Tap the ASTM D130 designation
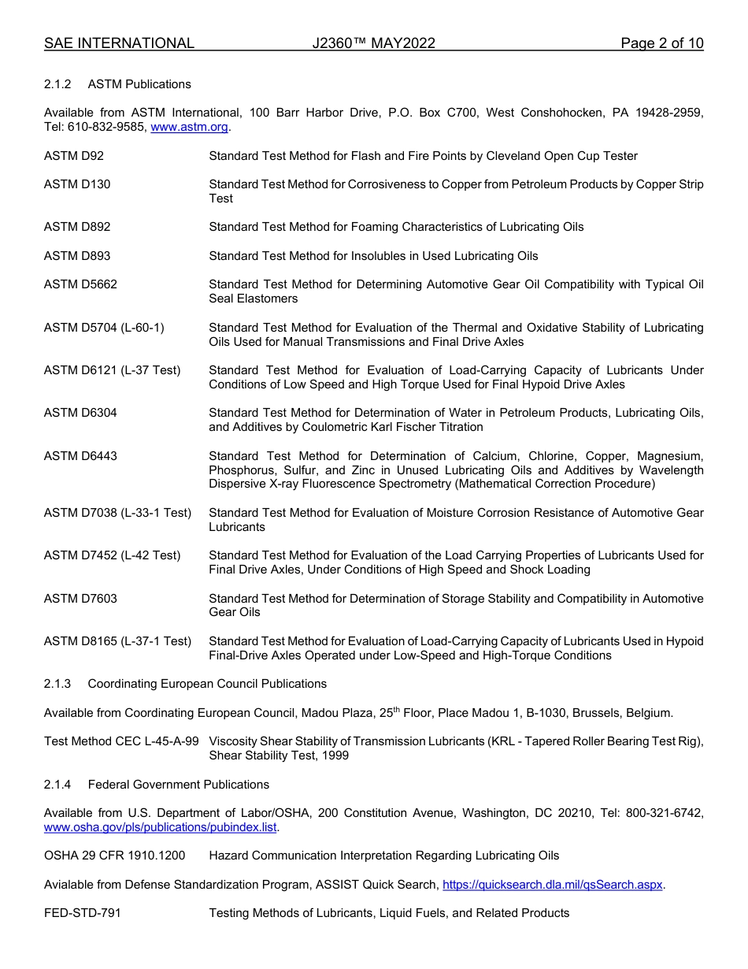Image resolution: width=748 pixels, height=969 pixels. (x=77, y=184)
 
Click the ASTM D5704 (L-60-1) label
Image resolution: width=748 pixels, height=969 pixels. (x=104, y=328)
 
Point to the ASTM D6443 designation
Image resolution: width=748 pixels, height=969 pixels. (x=80, y=456)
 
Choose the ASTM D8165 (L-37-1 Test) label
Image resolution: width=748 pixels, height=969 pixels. (x=117, y=641)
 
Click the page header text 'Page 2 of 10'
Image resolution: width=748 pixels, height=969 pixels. (x=661, y=43)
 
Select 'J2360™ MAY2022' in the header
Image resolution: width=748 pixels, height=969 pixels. (x=373, y=43)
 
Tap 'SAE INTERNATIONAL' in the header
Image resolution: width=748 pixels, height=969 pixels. (x=119, y=43)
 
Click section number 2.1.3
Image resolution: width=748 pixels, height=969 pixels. (x=57, y=684)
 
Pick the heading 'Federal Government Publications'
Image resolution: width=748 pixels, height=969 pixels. (x=179, y=785)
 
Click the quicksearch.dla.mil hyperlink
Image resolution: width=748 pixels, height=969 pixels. (x=553, y=885)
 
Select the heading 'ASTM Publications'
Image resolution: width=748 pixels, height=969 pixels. (x=139, y=84)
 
